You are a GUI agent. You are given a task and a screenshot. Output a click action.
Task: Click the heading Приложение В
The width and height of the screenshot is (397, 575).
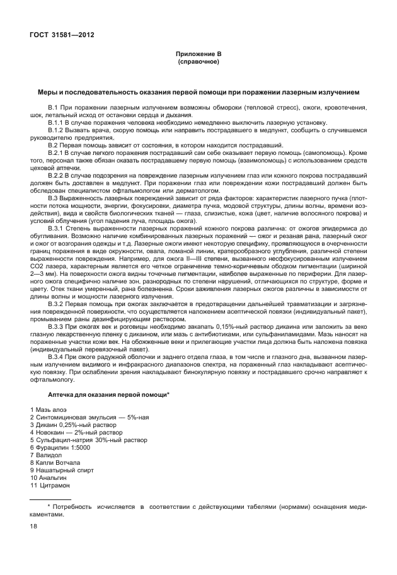[x=198, y=55]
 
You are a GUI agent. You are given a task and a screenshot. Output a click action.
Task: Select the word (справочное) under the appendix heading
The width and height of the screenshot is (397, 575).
[x=198, y=62]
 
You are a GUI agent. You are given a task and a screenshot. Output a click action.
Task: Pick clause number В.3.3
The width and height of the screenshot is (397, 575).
[x=58, y=326]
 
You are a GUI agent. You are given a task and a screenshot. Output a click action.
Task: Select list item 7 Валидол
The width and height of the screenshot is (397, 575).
[x=49, y=455]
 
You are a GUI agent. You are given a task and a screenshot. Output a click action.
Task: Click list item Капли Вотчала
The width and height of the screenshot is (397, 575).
[x=58, y=463]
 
